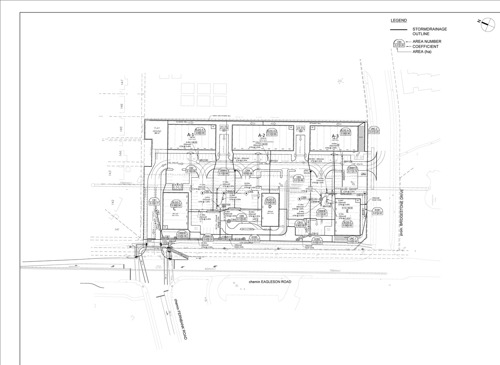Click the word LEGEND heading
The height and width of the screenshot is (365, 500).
[398, 21]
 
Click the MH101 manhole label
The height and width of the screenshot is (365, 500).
[273, 161]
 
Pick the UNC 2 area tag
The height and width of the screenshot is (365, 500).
[374, 130]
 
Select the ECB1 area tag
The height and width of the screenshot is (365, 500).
[377, 211]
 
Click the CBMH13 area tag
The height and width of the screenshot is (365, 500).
[353, 169]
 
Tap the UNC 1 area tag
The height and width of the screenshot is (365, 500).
[353, 240]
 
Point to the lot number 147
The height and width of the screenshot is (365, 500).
[122, 82]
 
